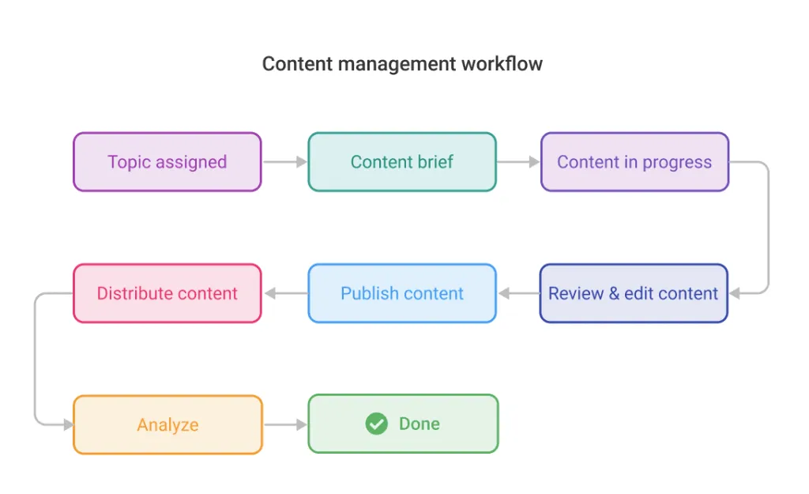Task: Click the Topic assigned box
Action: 167,162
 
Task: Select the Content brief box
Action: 401,162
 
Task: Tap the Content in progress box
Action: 634,162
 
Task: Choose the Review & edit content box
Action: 633,293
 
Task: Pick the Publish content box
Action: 401,293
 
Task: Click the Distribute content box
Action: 167,293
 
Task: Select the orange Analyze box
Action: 167,424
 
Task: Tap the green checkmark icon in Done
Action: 377,424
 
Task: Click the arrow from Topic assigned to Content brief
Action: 284,162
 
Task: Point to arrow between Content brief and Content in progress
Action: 518,162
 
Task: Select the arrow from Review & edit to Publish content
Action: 518,293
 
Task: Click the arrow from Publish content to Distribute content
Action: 284,293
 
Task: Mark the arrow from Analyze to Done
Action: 284,424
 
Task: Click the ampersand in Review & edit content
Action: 613,293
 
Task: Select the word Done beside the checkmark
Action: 419,424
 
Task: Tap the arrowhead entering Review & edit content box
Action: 735,293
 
